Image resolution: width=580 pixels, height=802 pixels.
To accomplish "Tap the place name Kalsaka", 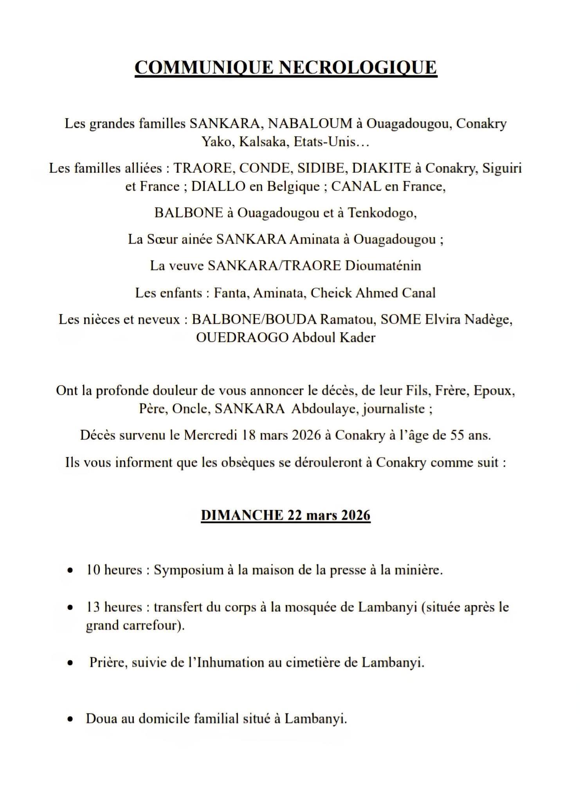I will [x=263, y=142].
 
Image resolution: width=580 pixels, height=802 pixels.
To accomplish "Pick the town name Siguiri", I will [x=502, y=168].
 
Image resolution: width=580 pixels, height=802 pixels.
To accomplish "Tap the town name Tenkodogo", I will [x=382, y=213].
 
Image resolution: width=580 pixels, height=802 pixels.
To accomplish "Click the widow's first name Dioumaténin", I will [x=383, y=266].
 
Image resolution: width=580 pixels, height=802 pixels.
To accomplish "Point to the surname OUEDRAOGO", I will [x=242, y=338].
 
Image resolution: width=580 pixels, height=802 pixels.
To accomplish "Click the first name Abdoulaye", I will [x=325, y=409].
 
